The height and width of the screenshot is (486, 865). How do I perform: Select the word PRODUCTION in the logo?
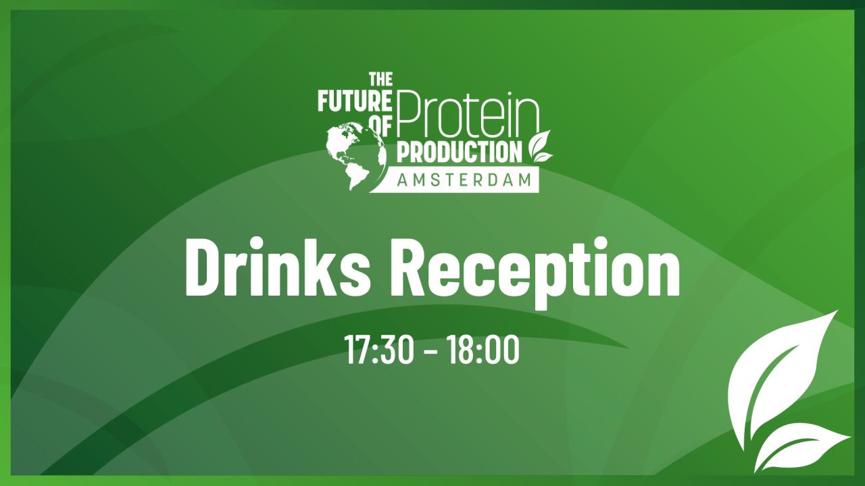tap(460, 152)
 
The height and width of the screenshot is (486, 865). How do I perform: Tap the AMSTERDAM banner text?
tap(466, 180)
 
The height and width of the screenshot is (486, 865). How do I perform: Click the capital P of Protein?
tap(410, 111)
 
